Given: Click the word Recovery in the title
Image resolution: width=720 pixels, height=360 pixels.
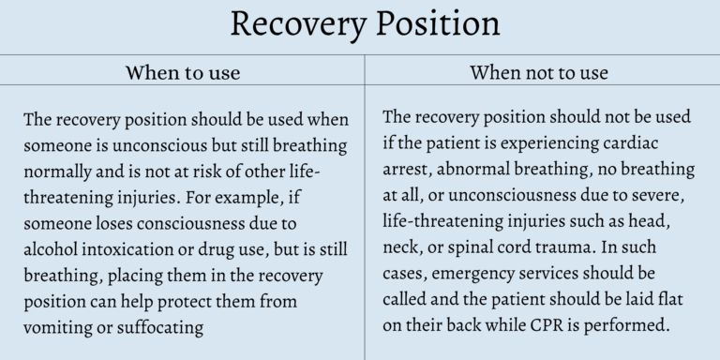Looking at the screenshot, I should (297, 25).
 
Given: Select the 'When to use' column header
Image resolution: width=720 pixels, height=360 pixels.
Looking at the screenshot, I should (183, 72).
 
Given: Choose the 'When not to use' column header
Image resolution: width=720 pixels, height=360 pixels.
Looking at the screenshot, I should (539, 72).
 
